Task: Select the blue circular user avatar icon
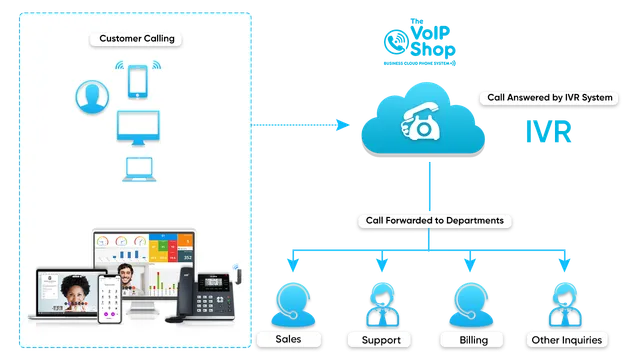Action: (x=93, y=96)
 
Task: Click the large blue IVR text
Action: (x=547, y=134)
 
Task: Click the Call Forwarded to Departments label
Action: (x=427, y=220)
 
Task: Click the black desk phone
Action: (x=213, y=294)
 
